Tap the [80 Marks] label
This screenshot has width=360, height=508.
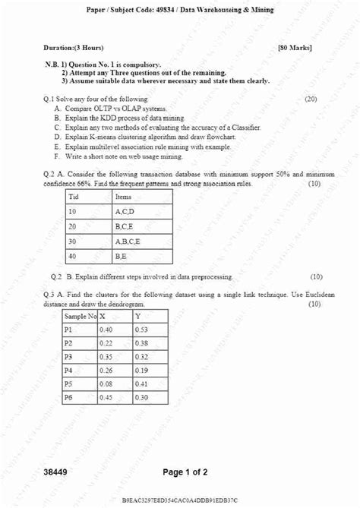(295, 48)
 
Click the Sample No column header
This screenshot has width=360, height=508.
(81, 316)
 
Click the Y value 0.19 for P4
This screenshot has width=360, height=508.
(142, 371)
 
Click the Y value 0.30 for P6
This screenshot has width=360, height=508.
(142, 398)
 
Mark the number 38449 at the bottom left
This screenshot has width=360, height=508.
(55, 472)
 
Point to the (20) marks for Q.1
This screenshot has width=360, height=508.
(310, 99)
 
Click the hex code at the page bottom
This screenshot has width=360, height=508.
(179, 501)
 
